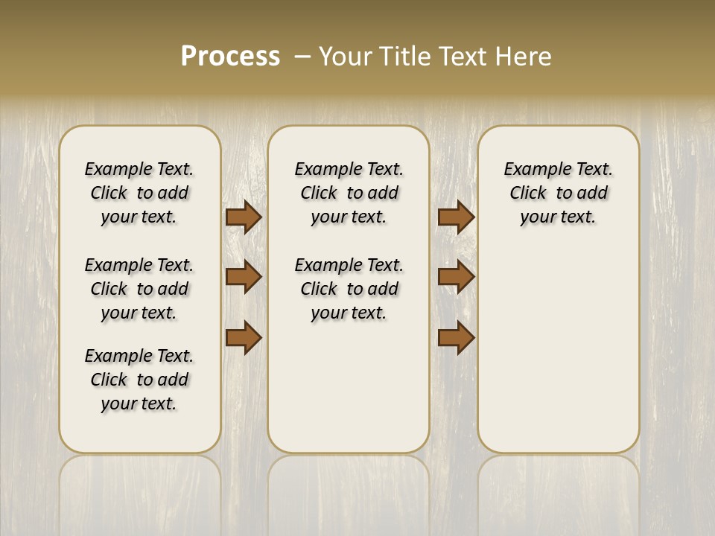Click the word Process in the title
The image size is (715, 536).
(230, 56)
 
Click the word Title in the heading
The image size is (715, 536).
(405, 57)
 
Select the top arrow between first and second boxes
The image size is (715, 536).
(244, 217)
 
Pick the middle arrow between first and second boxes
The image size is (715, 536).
(244, 277)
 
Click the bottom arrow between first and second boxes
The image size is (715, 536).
(244, 337)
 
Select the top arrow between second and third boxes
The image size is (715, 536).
(456, 217)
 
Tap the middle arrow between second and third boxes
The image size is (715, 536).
(456, 277)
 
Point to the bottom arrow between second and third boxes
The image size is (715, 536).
(456, 337)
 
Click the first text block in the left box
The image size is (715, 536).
(139, 193)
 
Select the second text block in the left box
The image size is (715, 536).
(139, 289)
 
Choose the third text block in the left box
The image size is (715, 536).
(139, 380)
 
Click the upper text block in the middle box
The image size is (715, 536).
(349, 193)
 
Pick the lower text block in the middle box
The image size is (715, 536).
(349, 289)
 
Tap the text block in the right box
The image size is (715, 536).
(559, 193)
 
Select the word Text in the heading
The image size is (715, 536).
(462, 57)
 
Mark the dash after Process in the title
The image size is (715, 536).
(302, 57)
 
